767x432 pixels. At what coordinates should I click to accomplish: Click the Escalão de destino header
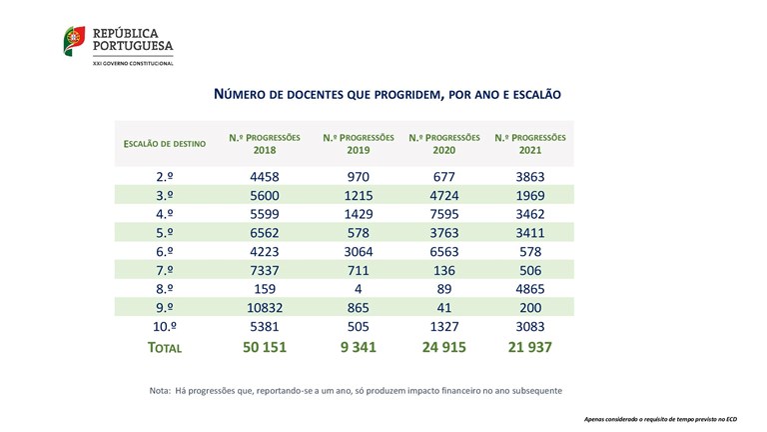165,144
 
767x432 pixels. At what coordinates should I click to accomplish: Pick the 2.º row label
167,177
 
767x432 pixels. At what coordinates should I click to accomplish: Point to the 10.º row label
167,326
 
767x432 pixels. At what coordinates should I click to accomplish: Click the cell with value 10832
264,307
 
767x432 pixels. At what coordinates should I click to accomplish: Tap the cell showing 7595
443,214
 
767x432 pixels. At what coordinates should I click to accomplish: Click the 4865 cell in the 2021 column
530,289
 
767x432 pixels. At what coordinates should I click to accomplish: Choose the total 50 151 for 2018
264,347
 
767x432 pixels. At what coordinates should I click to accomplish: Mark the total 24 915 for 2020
443,347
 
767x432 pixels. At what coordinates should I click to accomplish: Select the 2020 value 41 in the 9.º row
443,307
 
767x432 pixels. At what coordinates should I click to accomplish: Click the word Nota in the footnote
160,390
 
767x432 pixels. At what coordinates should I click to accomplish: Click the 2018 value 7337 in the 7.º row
264,270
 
